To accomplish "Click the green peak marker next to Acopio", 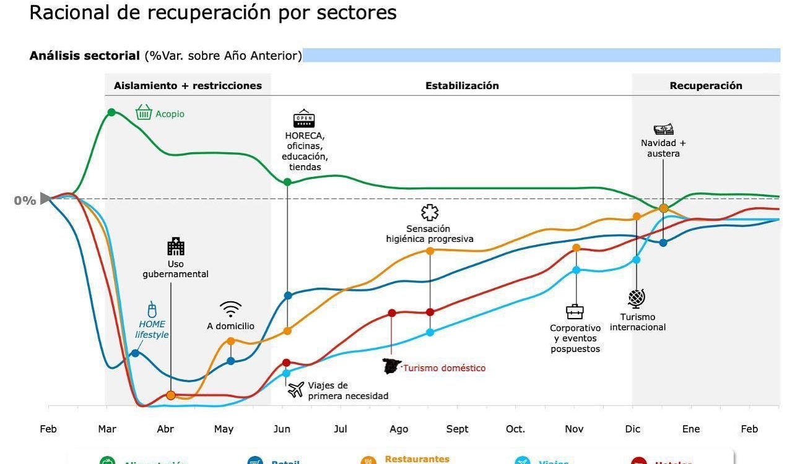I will tap(111, 112).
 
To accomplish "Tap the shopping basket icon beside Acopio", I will tap(144, 112).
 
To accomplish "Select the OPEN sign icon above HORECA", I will tap(303, 119).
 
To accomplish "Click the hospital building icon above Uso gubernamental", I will tap(176, 246).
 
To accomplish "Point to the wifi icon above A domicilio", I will tap(230, 309).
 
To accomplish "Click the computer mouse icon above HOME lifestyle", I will tap(152, 309).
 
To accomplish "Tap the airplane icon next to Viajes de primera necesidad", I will tap(296, 389).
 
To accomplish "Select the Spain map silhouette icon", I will tap(392, 366).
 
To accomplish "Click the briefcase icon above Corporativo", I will tap(575, 312).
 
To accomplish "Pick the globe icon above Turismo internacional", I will tap(637, 299).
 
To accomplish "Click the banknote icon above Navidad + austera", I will tap(663, 129).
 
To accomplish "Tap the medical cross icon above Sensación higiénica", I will tap(429, 213).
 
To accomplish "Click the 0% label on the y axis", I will tap(25, 200).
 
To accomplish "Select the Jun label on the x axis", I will tap(282, 429).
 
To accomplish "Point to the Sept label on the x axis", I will tap(457, 429).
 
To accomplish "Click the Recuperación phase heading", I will tap(705, 85).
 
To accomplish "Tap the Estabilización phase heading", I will tap(461, 85).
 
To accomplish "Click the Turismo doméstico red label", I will tap(444, 368).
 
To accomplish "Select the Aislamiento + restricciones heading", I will tap(188, 85).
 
